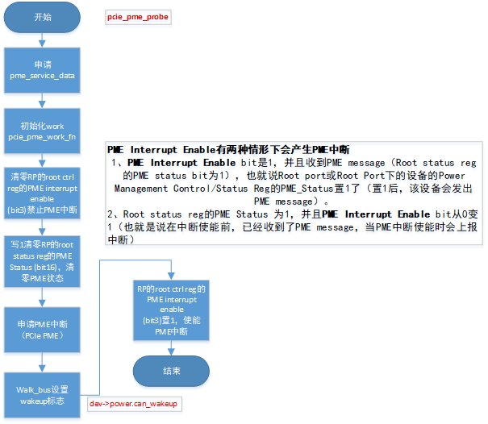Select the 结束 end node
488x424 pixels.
tap(172, 372)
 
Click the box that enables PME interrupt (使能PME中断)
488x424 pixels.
tap(171, 310)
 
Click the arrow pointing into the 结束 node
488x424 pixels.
tap(171, 347)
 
